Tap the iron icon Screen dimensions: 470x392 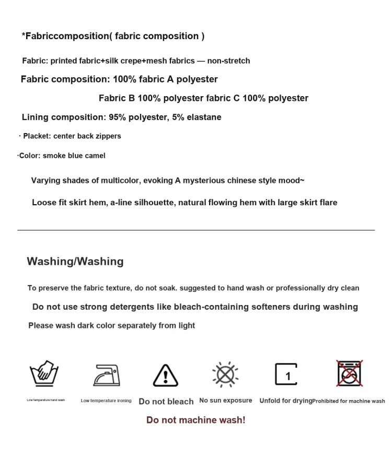point(106,374)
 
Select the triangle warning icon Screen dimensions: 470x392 point(166,375)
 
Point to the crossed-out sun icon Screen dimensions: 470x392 point(225,374)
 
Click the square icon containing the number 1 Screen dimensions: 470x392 point(286,374)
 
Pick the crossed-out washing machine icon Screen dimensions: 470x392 point(349,373)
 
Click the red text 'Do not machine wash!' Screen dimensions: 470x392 point(195,420)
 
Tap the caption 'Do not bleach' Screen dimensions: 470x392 point(166,401)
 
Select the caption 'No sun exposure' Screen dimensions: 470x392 point(226,401)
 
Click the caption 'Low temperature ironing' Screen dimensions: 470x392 point(106,401)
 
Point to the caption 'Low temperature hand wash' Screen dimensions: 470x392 point(46,400)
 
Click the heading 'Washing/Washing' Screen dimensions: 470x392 point(75,261)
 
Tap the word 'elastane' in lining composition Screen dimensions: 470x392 point(204,117)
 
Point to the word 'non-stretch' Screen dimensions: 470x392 point(228,61)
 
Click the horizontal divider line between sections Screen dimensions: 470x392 point(196,230)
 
